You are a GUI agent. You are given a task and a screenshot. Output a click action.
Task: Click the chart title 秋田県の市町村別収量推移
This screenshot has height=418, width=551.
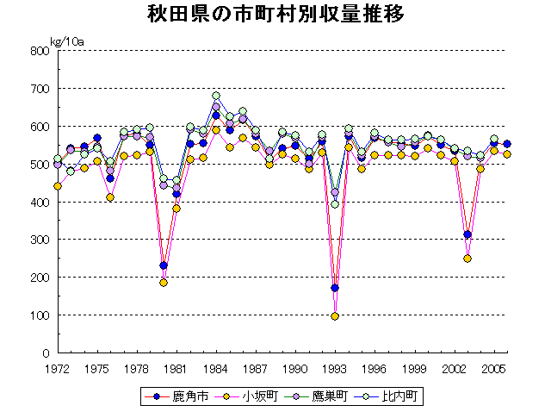(x=275, y=16)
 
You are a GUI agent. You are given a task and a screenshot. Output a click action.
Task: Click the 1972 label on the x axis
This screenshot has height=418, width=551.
(x=58, y=368)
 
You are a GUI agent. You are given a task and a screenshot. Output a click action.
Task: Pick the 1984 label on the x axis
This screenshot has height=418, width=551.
(x=216, y=368)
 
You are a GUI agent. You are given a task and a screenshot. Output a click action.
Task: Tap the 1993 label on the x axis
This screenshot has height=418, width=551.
(x=335, y=368)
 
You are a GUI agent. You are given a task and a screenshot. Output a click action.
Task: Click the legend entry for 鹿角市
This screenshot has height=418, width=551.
(x=177, y=396)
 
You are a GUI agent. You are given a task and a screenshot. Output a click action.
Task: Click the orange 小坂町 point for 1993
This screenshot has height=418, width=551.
(x=335, y=316)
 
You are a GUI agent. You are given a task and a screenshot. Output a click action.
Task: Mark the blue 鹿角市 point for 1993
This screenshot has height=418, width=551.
(x=335, y=288)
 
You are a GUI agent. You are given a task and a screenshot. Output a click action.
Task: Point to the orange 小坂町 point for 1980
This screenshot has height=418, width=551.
(x=164, y=283)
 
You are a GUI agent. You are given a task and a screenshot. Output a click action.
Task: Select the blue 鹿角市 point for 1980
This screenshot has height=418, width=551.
(x=164, y=265)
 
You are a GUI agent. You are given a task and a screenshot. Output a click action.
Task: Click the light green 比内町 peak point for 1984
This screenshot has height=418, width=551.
(x=216, y=96)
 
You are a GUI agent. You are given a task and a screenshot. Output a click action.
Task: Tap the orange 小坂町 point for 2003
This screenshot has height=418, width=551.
(x=467, y=259)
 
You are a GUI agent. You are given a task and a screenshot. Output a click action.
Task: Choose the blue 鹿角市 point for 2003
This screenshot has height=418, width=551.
(x=467, y=234)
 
